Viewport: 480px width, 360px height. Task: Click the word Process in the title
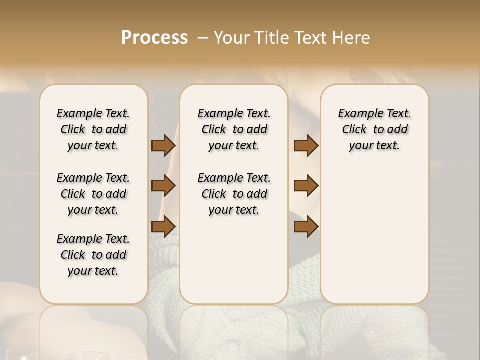click(x=154, y=37)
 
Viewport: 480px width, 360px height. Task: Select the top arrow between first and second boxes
click(x=163, y=146)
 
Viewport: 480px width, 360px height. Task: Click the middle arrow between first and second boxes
click(x=163, y=186)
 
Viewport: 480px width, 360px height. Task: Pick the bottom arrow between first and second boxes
click(x=163, y=226)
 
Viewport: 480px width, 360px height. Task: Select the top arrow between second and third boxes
click(x=306, y=146)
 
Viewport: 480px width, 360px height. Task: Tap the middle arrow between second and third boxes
click(x=306, y=186)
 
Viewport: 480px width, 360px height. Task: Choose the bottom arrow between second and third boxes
click(x=306, y=226)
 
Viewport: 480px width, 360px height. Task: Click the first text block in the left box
click(x=93, y=129)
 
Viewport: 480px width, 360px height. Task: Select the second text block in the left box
click(x=93, y=194)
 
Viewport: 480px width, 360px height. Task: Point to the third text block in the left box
click(x=93, y=255)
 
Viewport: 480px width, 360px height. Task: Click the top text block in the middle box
click(x=234, y=129)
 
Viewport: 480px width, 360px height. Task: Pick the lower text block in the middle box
click(x=234, y=194)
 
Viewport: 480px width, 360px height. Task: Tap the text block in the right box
click(x=374, y=129)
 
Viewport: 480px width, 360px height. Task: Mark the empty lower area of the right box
click(x=374, y=230)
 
